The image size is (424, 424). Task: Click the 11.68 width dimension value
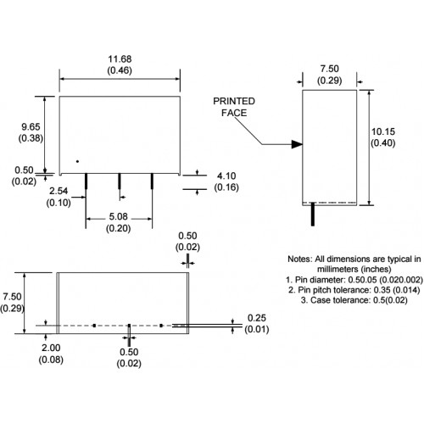tap(120, 59)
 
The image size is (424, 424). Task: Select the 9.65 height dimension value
tap(31, 126)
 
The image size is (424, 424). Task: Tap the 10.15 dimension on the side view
tap(383, 131)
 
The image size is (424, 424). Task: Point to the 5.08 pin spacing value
tap(118, 216)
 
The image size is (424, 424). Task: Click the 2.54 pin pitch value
tap(59, 191)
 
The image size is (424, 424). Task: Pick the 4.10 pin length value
tap(226, 176)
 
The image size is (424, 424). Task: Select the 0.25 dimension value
tap(257, 318)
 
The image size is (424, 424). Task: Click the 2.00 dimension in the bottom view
tap(51, 348)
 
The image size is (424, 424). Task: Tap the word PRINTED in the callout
tap(234, 101)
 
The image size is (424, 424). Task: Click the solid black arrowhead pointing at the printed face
tap(297, 144)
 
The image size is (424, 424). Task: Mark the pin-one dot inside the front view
tap(77, 161)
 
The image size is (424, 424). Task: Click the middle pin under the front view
tap(120, 181)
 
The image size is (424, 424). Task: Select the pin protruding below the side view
tap(313, 214)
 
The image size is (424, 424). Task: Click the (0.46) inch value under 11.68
tap(120, 70)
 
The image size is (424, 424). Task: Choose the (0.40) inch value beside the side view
tap(383, 143)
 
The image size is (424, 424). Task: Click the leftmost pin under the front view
tap(86, 181)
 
